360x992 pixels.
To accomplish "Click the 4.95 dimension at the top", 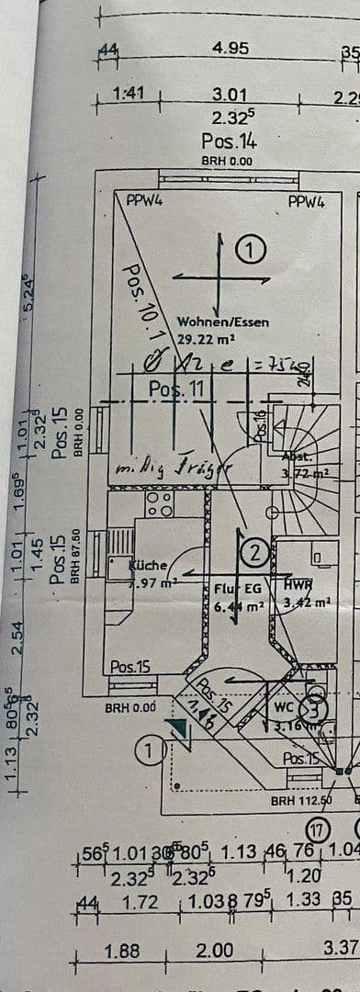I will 230,48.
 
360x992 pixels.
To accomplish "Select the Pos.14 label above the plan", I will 229,141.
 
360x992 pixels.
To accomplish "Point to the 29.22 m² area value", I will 206,338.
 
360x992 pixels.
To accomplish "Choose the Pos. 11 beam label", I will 181,389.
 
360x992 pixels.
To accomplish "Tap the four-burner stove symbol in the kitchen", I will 160,504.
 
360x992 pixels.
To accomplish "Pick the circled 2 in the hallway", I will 253,552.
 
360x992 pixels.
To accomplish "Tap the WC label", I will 284,708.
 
